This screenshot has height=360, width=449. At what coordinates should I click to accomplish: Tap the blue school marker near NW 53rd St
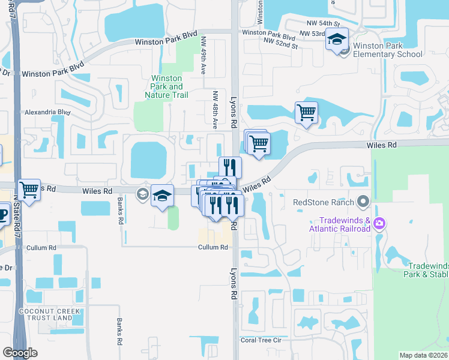click(x=337, y=40)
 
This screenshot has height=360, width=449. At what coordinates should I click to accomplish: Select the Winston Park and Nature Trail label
click(x=167, y=87)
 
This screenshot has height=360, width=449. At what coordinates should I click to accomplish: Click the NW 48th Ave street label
click(x=214, y=110)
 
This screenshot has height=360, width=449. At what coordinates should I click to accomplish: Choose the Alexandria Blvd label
click(x=47, y=112)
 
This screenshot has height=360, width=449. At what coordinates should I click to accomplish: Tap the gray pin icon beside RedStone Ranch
click(x=362, y=201)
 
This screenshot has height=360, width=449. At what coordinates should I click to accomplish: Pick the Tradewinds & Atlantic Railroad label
click(x=340, y=224)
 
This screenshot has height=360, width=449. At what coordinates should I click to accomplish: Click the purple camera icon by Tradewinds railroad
click(x=379, y=224)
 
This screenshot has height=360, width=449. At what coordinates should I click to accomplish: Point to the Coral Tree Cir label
click(x=261, y=340)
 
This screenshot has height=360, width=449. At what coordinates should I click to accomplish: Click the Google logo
click(x=19, y=352)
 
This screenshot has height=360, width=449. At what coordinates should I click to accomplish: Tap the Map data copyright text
click(x=424, y=355)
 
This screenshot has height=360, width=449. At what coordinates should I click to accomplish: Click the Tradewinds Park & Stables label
click(x=427, y=269)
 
